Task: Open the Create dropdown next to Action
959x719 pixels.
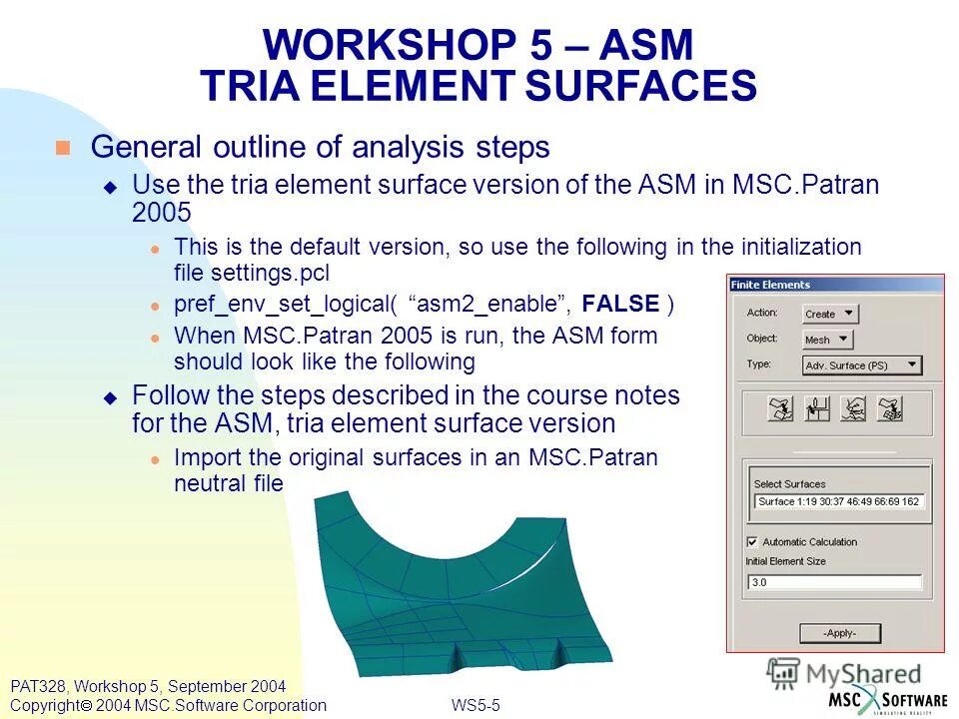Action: [x=830, y=314]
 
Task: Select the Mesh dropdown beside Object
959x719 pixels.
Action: [x=828, y=340]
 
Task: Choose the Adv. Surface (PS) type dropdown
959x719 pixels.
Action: [x=862, y=365]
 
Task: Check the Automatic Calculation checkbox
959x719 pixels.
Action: [x=752, y=542]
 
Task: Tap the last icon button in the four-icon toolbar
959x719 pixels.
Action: [x=889, y=409]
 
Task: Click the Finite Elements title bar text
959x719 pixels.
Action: [x=770, y=285]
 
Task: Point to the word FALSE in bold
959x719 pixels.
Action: [x=620, y=305]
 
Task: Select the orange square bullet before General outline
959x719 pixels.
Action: [x=63, y=148]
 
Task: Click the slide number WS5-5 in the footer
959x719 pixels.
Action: [x=476, y=706]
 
